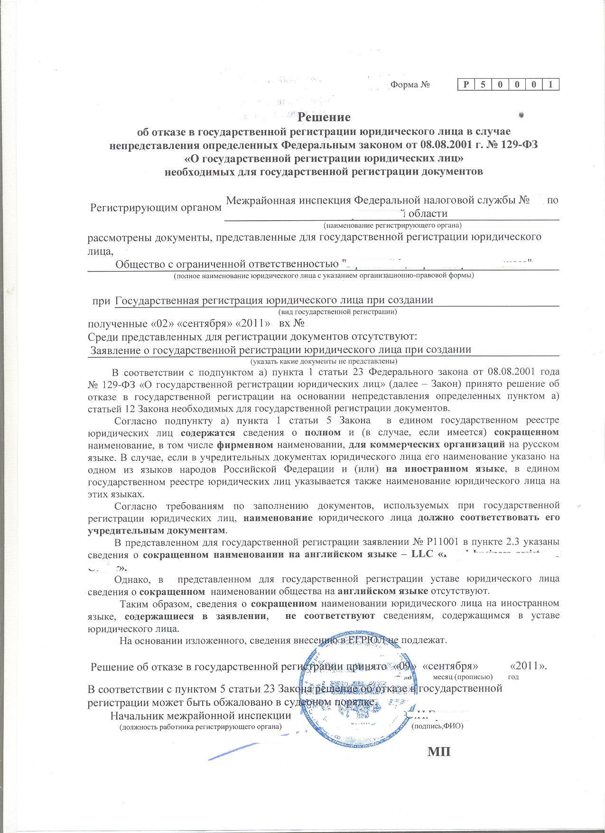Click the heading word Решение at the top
(324, 117)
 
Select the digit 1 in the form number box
(550, 85)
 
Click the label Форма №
(410, 85)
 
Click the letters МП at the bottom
(439, 752)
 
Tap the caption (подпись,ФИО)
(437, 726)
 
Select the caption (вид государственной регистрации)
(337, 312)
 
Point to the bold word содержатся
(208, 432)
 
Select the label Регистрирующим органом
(156, 207)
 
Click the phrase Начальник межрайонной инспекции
(200, 715)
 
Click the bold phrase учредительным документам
(157, 529)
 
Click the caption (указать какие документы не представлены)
(323, 361)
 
